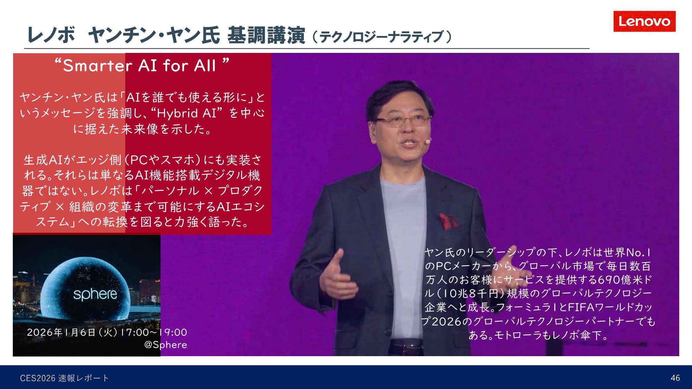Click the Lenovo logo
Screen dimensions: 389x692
click(644, 21)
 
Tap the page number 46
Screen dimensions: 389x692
click(675, 378)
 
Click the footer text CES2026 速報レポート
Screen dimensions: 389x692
click(64, 378)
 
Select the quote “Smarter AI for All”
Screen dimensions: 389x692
click(142, 65)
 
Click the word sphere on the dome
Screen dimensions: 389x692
click(95, 294)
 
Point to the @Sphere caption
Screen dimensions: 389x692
click(165, 345)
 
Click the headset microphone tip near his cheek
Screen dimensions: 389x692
click(428, 141)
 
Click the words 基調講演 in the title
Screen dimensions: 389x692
click(266, 35)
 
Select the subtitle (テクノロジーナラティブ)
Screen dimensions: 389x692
click(382, 37)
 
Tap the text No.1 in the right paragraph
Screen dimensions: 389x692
click(638, 252)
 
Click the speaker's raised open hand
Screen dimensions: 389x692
click(337, 277)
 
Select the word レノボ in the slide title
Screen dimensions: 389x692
click(51, 35)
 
